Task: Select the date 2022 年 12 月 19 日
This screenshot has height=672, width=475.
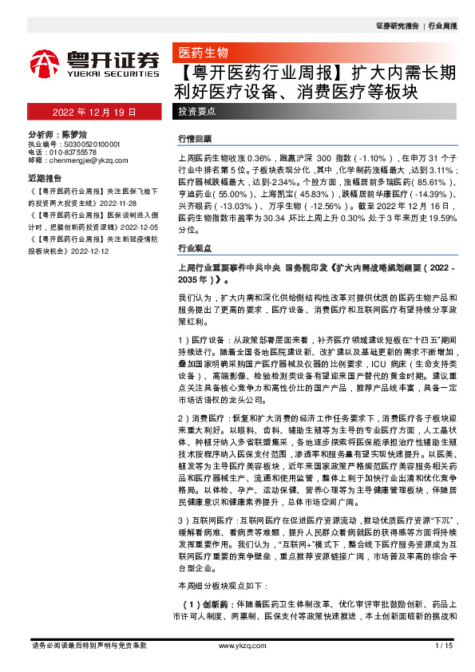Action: (x=95, y=113)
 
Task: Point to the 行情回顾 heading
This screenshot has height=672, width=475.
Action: (x=195, y=139)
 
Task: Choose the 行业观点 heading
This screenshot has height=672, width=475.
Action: (x=195, y=247)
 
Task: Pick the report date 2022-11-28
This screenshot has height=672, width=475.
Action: (x=117, y=201)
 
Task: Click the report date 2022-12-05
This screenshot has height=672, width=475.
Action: (x=145, y=226)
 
